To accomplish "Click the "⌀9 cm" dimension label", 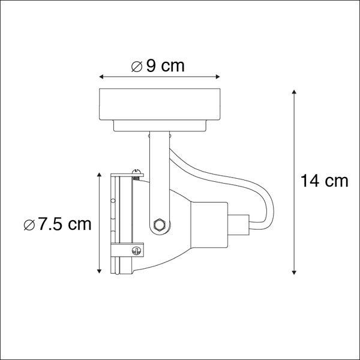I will (x=158, y=66).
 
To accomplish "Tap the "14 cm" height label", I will (x=325, y=181).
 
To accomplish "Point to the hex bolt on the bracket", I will (x=159, y=225).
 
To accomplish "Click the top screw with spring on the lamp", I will (x=137, y=174).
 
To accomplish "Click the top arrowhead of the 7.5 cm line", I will (x=98, y=174).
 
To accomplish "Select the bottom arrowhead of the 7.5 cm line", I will (x=98, y=271).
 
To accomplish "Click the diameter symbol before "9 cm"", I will (x=137, y=67).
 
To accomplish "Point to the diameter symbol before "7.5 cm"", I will (x=29, y=225).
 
